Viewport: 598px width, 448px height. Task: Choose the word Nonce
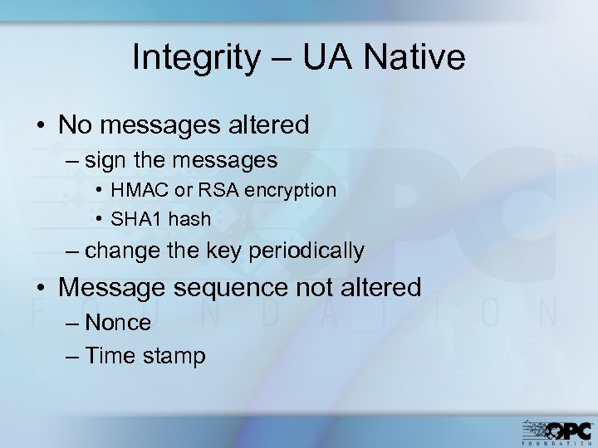coord(117,323)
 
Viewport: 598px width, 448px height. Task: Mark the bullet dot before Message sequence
coord(42,288)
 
